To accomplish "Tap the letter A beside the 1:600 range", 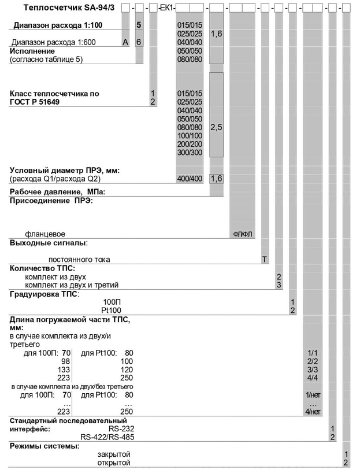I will pos(125,43).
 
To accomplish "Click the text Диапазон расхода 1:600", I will pos(54,43).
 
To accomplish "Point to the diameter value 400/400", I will pos(190,179).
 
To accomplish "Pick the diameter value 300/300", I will pos(190,152).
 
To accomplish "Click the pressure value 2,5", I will pos(216,127).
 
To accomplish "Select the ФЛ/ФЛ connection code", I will pos(243,234).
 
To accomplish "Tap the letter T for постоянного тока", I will pos(265,260).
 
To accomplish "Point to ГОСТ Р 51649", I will pos(35,102).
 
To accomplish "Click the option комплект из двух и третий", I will pos(72,285).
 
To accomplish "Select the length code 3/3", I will pos(312,369).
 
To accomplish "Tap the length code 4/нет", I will pos(312,411).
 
